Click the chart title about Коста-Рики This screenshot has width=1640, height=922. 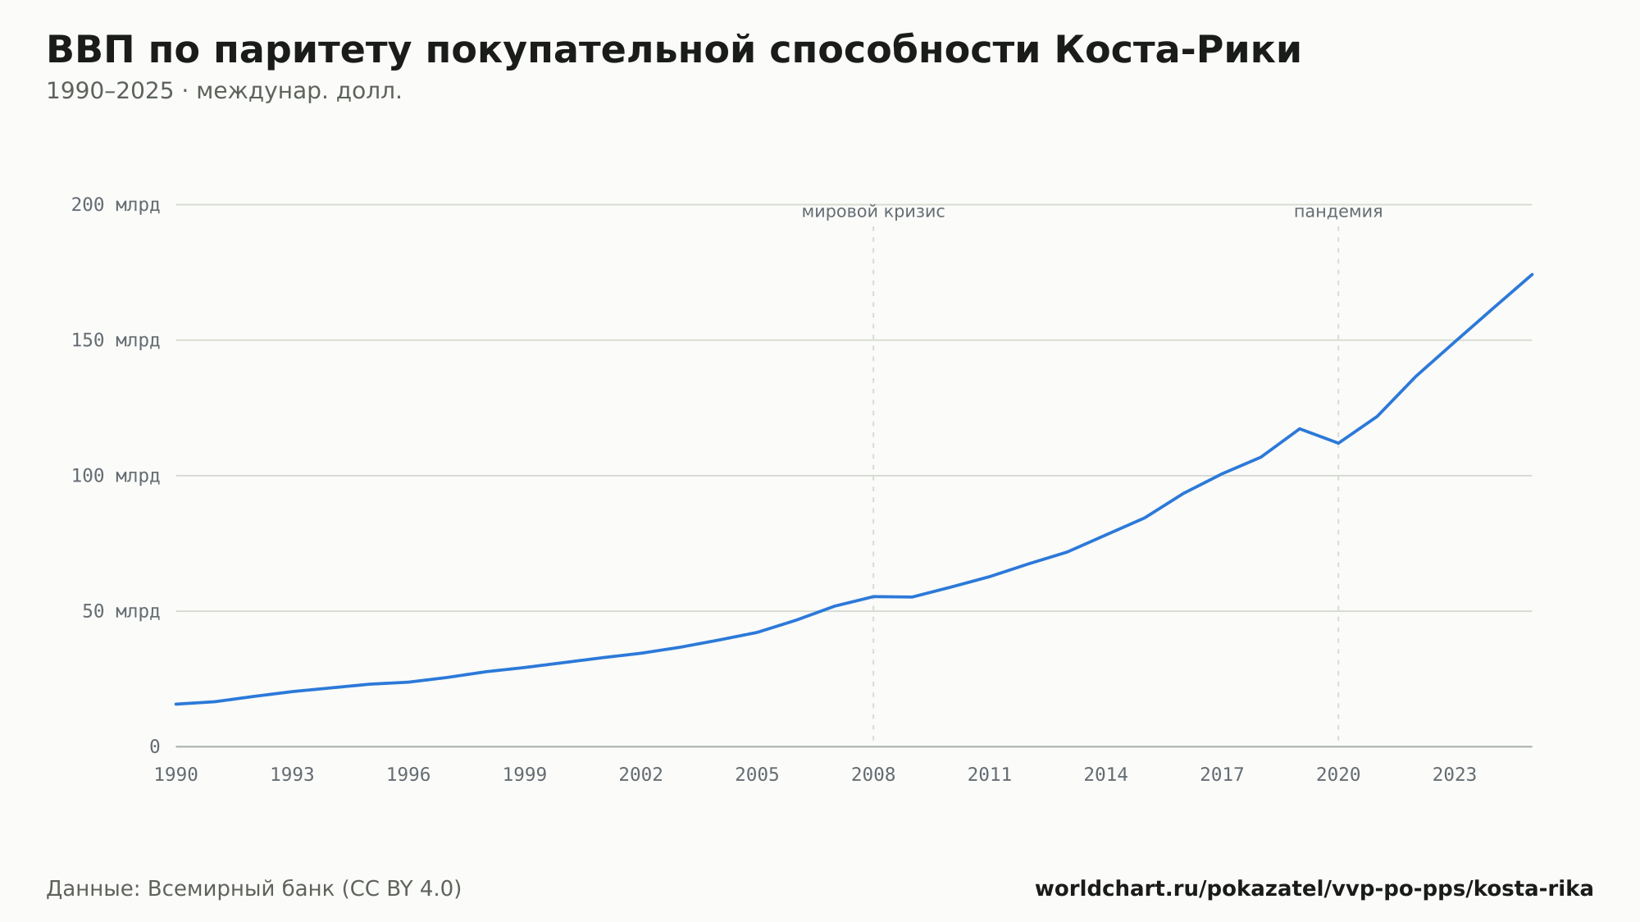(673, 50)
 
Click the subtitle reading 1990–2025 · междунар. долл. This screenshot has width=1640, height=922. (224, 91)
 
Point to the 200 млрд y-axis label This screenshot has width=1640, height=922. (116, 205)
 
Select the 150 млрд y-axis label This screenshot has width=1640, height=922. (116, 340)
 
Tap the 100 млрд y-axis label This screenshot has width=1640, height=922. (116, 476)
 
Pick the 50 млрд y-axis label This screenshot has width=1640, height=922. (121, 611)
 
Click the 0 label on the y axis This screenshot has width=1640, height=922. (155, 747)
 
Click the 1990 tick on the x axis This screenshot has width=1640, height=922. (176, 775)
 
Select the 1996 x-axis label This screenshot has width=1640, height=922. (408, 775)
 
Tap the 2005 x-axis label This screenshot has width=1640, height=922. (757, 775)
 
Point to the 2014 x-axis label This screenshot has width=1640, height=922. (1105, 775)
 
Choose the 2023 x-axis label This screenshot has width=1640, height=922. (1454, 775)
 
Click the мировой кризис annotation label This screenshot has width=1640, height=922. (873, 212)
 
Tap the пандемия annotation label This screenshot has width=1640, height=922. (1338, 212)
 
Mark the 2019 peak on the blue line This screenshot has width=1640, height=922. (1300, 429)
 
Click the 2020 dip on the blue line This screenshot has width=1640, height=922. (1338, 443)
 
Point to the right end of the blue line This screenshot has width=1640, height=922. (1532, 274)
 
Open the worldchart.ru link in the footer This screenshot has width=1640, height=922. (1314, 889)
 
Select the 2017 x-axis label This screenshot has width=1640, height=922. (1222, 775)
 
